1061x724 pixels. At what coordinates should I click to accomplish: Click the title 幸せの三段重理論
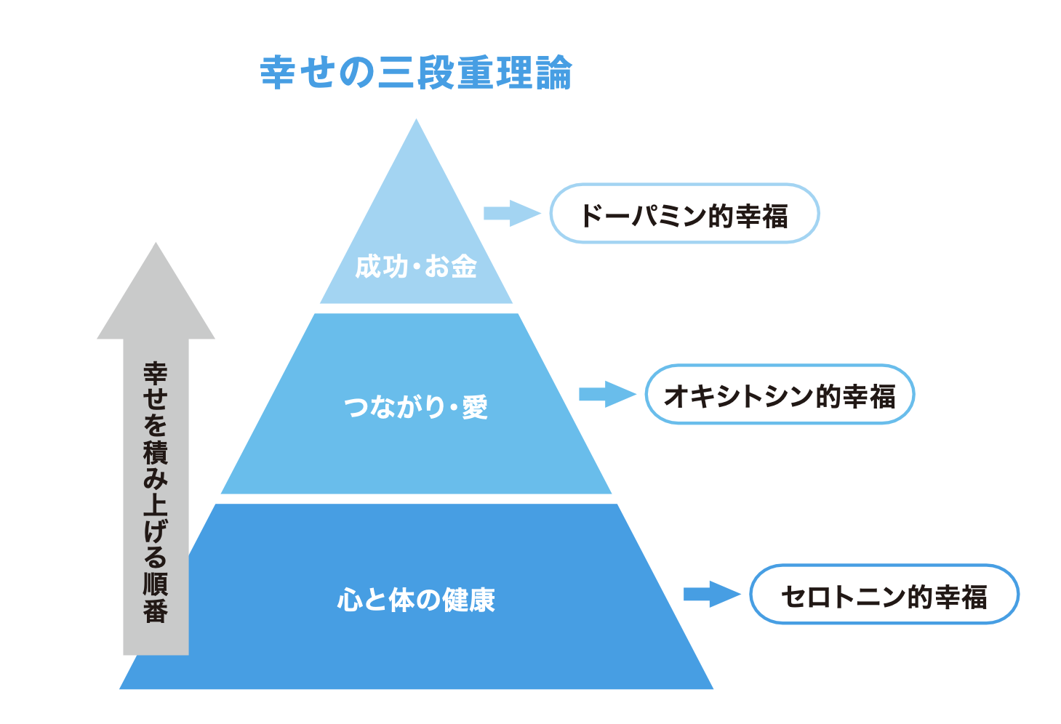click(416, 73)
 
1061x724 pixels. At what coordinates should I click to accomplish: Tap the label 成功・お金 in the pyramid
click(416, 267)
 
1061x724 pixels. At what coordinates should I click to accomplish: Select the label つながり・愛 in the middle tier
click(416, 406)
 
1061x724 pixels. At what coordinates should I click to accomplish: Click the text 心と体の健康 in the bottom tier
click(416, 600)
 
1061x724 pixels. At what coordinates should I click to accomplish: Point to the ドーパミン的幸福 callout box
click(684, 214)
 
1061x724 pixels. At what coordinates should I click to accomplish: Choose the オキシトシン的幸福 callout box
click(779, 395)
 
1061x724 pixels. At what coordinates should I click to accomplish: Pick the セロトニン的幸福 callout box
click(884, 595)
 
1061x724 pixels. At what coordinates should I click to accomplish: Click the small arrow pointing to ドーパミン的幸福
click(511, 213)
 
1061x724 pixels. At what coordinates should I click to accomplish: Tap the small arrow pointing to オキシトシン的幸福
click(606, 394)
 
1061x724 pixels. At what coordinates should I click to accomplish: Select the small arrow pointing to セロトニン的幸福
click(711, 594)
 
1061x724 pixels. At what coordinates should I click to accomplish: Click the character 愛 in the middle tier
click(475, 406)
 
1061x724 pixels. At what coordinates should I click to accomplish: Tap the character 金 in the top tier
click(464, 267)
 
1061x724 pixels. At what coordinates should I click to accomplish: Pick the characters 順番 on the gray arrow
click(156, 598)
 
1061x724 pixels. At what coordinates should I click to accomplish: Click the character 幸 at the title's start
click(277, 73)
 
